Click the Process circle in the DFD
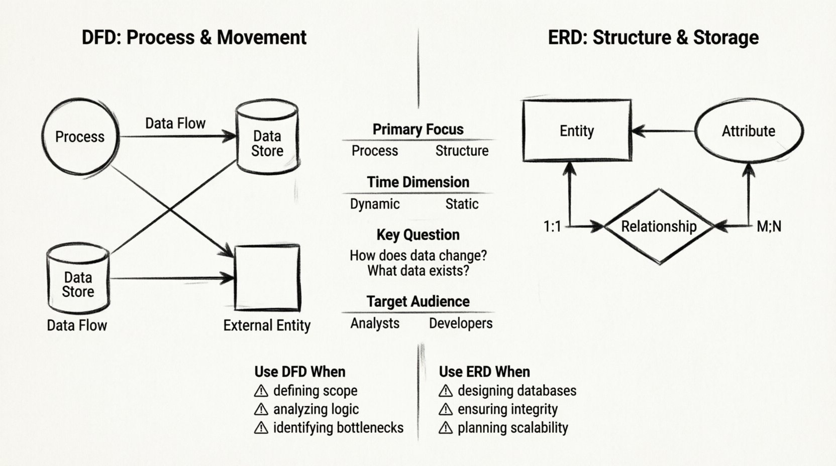coord(80,137)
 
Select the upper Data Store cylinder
coord(267,138)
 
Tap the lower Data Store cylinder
coord(78,280)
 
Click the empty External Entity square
coord(267,278)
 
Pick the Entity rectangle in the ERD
coord(577,131)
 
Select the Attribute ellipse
coord(748,131)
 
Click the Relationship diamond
coord(659,226)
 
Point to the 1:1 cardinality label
coord(552,227)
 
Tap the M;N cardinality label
coord(769,227)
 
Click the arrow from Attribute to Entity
coord(663,132)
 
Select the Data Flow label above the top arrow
coord(175,124)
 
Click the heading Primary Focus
coord(418,130)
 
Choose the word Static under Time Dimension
coord(462,204)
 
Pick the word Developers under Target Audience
coord(461,323)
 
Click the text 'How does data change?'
coord(418,256)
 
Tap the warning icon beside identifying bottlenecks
coord(261,428)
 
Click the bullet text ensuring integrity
coord(507,409)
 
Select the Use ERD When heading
coord(484,372)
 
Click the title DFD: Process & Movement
coord(194,38)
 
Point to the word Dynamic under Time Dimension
coord(375,204)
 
